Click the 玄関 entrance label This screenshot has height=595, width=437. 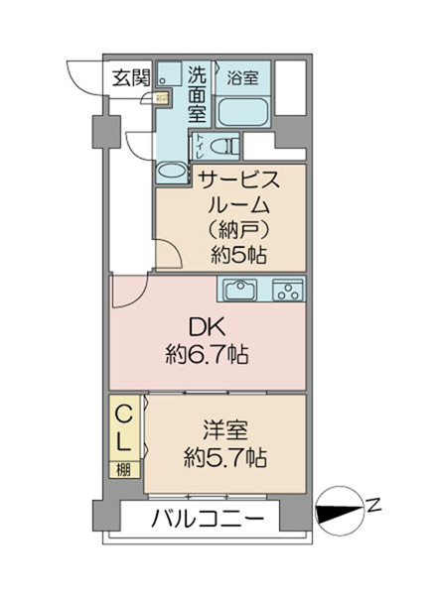(x=131, y=79)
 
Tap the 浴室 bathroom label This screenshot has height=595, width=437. (x=242, y=77)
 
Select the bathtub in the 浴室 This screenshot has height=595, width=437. (x=242, y=111)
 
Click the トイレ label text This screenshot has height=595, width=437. (x=199, y=147)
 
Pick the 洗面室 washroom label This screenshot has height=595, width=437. (x=198, y=94)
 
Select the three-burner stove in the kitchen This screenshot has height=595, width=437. (x=288, y=291)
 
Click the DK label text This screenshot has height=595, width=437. (x=208, y=327)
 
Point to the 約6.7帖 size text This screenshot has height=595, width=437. (x=208, y=355)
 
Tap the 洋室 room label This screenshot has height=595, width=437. (x=225, y=430)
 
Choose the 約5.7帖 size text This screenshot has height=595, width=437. (x=225, y=458)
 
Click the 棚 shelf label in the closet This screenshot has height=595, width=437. (x=124, y=470)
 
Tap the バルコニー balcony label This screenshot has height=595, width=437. (x=208, y=518)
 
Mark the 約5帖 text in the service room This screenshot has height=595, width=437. (x=238, y=255)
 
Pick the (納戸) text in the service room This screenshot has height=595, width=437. (x=239, y=229)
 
